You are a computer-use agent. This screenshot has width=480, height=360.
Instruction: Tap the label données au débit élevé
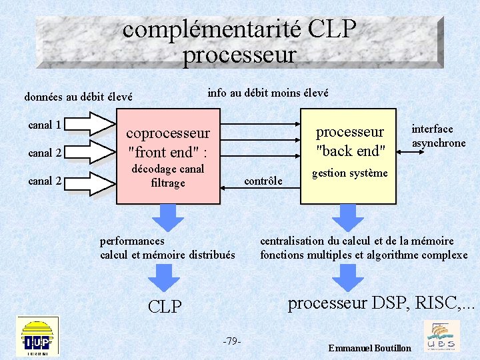(78, 97)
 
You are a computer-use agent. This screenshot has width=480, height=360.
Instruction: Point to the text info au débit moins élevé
(268, 93)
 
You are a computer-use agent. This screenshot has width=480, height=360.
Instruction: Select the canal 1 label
(45, 125)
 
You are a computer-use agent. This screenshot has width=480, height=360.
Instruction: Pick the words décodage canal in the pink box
(167, 169)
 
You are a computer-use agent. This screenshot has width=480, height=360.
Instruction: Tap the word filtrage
(167, 183)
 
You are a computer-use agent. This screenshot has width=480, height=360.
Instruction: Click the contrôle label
(263, 181)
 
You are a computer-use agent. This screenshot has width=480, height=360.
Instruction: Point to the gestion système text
(349, 173)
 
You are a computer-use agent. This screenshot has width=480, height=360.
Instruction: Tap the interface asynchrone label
(438, 136)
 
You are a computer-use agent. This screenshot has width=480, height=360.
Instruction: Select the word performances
(132, 241)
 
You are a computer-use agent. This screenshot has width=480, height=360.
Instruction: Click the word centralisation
(293, 241)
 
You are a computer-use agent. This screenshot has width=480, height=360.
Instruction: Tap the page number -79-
(231, 341)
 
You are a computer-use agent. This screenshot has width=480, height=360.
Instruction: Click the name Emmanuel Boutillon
(370, 349)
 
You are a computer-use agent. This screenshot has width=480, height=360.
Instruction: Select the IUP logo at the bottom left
(37, 336)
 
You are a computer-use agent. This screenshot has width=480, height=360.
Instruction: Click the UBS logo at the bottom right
(441, 336)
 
